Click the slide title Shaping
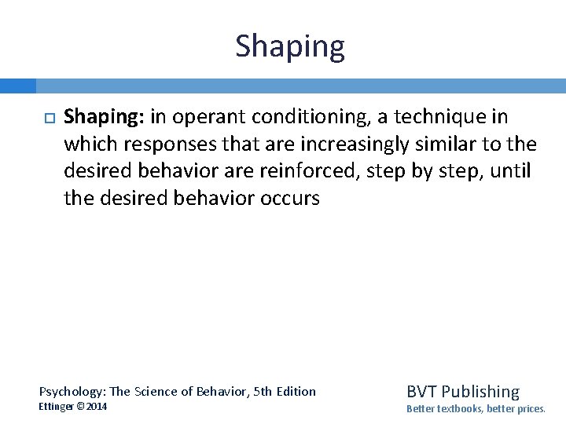(289, 47)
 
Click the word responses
(166, 144)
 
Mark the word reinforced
(273, 171)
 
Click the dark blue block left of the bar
(17, 86)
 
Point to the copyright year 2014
(97, 407)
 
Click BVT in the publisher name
(421, 391)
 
